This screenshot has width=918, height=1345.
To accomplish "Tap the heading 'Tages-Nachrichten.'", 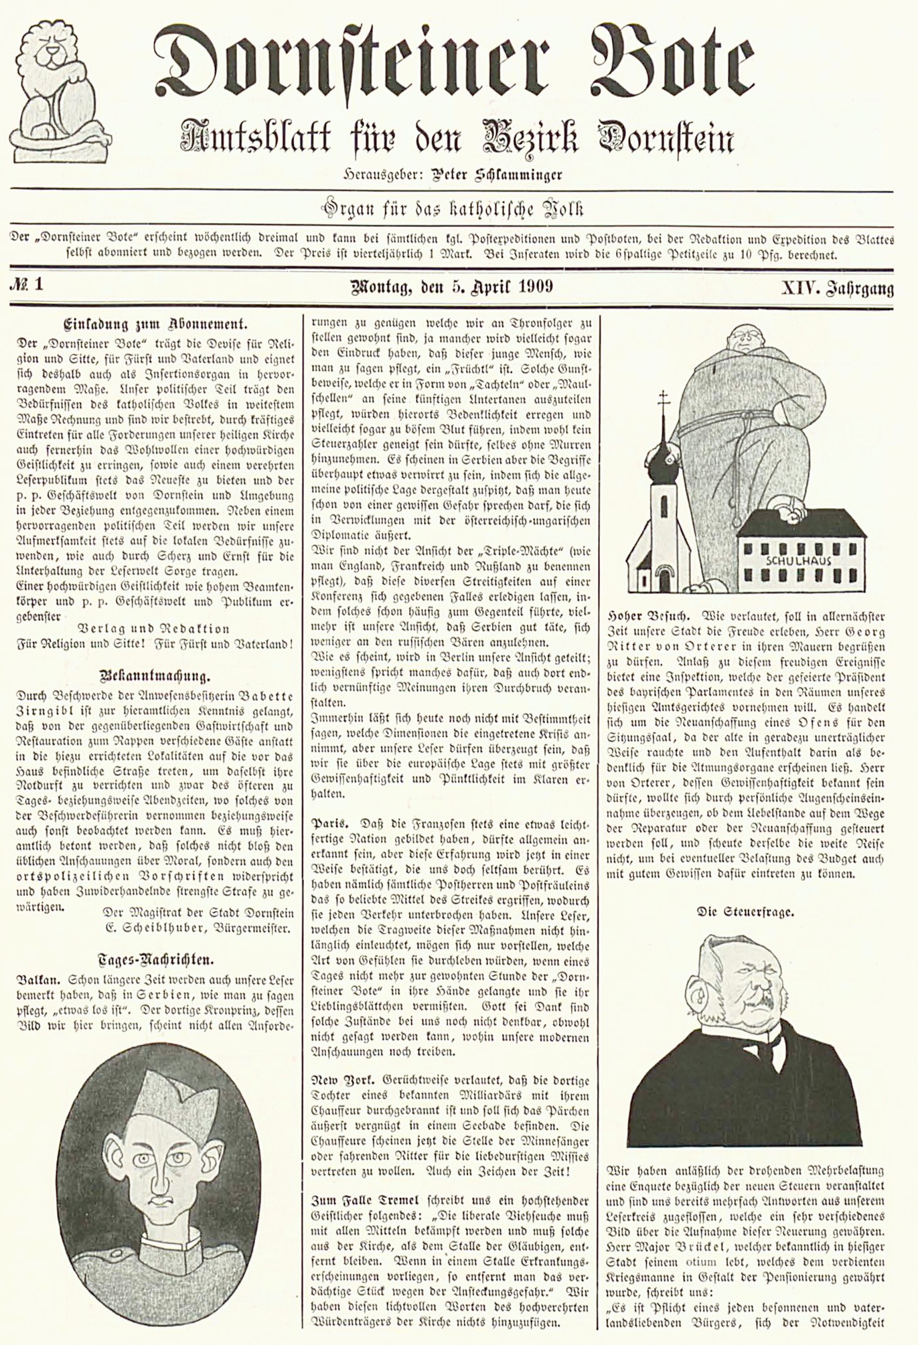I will [155, 959].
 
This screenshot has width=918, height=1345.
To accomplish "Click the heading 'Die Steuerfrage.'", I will [746, 911].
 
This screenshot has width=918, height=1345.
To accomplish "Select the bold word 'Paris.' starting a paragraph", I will [331, 822].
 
